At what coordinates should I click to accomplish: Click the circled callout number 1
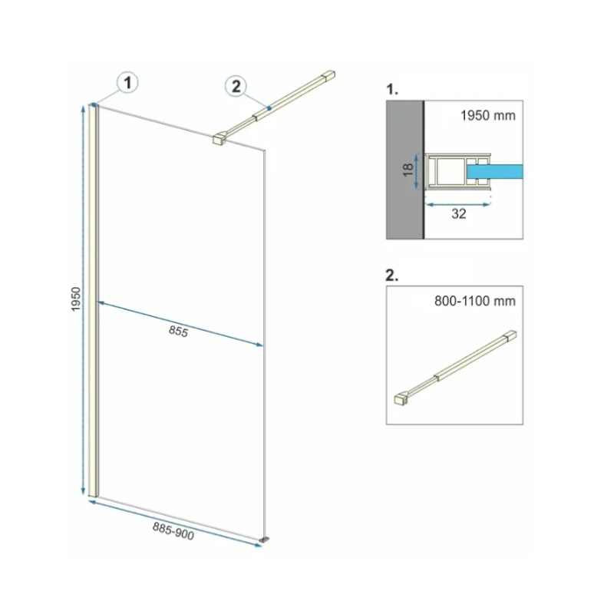coord(127,83)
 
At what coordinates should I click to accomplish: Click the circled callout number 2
coord(236,86)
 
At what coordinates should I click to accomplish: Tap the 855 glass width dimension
coord(179,332)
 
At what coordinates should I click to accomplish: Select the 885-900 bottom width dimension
coord(173,531)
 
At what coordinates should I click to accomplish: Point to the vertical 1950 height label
coord(75,299)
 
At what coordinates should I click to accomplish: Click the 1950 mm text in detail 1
coord(487,116)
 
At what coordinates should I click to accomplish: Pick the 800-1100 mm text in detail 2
coord(474,301)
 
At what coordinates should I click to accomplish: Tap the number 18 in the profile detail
coord(408,170)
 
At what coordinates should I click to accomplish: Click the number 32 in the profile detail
coord(458,214)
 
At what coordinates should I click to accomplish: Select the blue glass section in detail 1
coord(494,172)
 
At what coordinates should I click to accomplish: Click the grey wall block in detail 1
coord(404,170)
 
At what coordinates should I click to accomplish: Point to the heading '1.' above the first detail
coord(391,89)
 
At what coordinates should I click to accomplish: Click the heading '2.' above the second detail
coord(391,276)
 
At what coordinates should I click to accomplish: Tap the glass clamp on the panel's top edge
coord(220,139)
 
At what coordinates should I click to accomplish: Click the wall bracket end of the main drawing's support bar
coord(328,75)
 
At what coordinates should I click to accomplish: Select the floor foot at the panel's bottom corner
coord(266,540)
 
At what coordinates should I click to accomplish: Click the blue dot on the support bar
coord(269,108)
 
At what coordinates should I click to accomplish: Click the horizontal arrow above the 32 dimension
coord(457,204)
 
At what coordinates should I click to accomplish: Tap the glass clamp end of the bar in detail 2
coord(401,399)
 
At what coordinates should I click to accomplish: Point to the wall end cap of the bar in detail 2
coord(510,336)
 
